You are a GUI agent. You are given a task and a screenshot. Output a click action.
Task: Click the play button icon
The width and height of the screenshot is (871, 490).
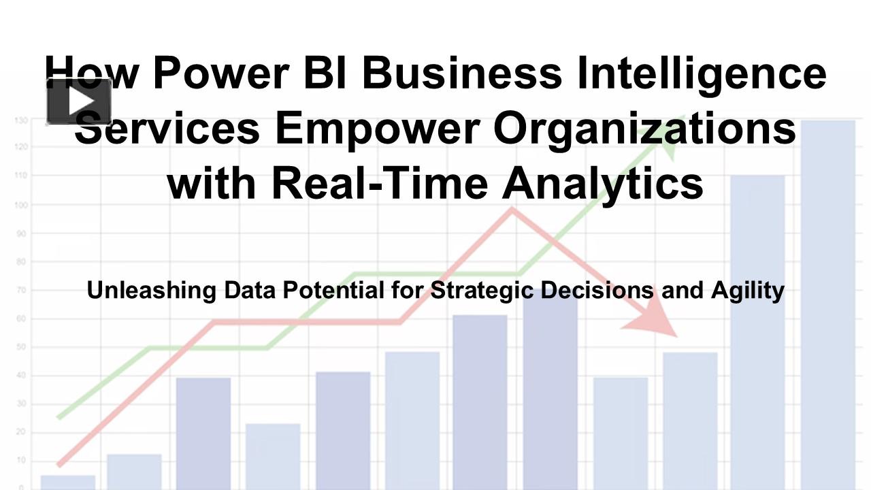pyautogui.click(x=79, y=101)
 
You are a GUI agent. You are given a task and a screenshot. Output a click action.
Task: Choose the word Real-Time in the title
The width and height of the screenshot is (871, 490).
pyautogui.click(x=380, y=183)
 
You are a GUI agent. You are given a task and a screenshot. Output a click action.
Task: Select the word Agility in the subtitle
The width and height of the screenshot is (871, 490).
pyautogui.click(x=748, y=291)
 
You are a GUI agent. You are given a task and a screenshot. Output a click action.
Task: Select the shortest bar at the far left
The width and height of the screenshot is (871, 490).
pyautogui.click(x=68, y=482)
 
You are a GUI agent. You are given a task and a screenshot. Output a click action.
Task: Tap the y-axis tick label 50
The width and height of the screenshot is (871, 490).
pyautogui.click(x=22, y=347)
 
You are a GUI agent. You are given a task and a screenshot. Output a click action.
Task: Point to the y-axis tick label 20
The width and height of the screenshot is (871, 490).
pyautogui.click(x=22, y=433)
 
